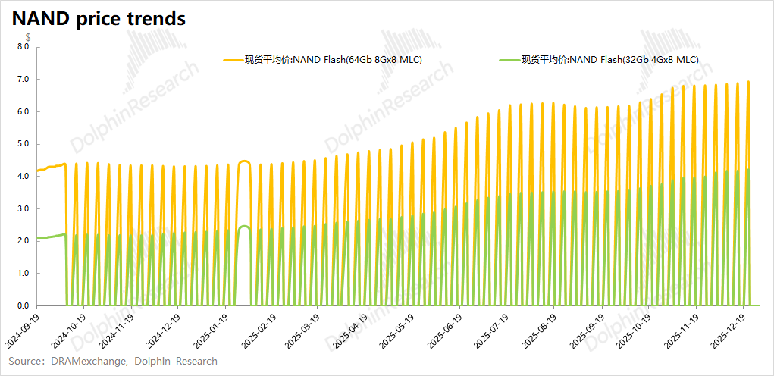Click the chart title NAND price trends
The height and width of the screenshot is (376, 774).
[99, 19]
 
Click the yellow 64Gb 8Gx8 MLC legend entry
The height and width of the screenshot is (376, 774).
[333, 59]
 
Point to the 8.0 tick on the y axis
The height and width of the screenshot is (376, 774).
[23, 47]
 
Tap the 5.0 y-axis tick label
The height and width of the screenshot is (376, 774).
[23, 144]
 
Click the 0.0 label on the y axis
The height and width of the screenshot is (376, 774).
[23, 306]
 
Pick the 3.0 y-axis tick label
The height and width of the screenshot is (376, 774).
[23, 208]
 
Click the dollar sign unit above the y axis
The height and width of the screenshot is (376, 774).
[28, 36]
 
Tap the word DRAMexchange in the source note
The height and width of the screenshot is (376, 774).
[87, 361]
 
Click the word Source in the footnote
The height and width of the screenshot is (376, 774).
[25, 361]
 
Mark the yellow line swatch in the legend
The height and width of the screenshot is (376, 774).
[231, 59]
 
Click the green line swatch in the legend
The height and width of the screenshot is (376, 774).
[509, 59]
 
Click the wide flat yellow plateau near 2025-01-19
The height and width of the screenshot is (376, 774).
[244, 161]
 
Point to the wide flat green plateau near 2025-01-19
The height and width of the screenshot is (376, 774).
[244, 227]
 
